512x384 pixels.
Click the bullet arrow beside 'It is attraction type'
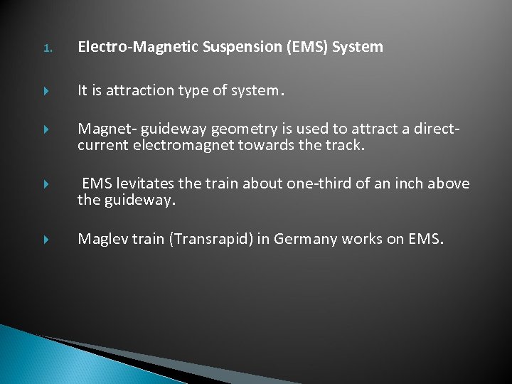point(46,91)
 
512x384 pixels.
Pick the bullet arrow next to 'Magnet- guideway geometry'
point(46,129)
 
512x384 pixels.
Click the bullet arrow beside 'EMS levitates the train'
point(46,184)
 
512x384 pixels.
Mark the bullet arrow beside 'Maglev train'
point(46,240)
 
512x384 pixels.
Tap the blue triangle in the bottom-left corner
point(43,359)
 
